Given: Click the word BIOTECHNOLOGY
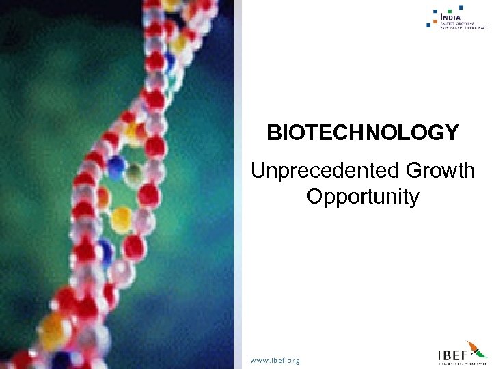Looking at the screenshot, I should coord(363,133).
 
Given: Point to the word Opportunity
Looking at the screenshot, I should coord(363,197).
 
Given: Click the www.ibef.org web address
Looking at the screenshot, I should coord(275,360).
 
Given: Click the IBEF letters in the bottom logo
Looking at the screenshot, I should coord(452,355).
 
